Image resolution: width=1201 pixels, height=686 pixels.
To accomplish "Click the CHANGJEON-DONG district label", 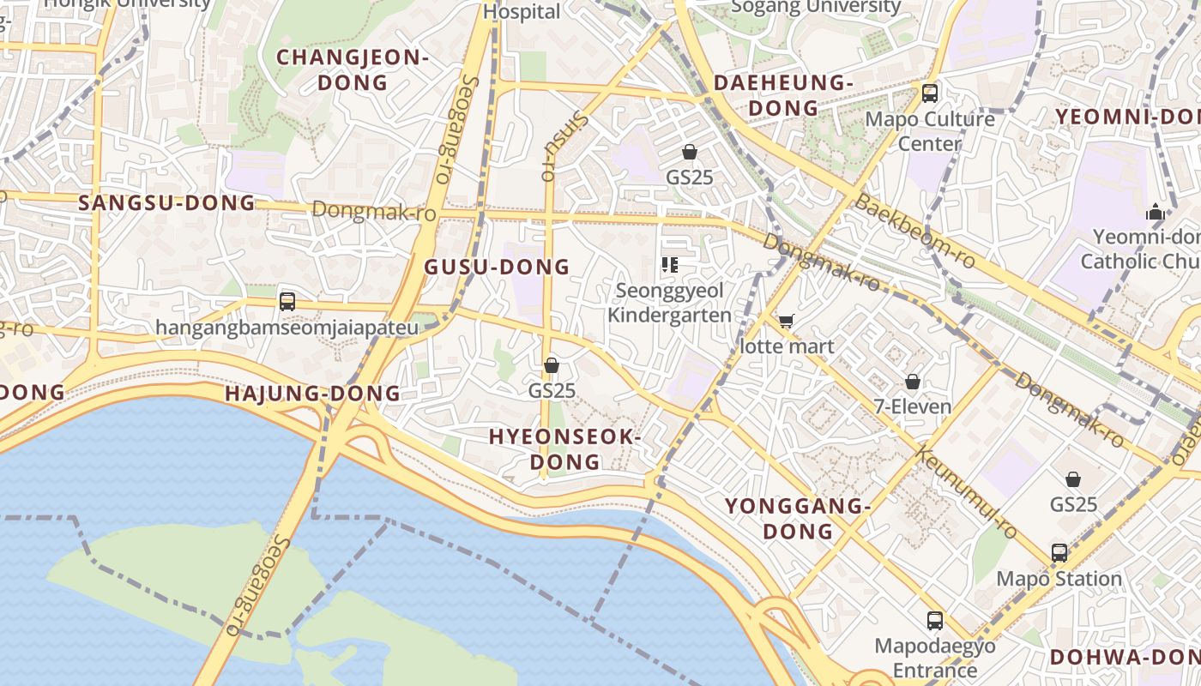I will click(x=352, y=70).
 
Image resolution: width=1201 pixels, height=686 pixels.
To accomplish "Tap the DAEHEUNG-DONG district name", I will click(x=783, y=95).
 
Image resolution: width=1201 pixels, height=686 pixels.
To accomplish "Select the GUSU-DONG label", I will click(x=498, y=267).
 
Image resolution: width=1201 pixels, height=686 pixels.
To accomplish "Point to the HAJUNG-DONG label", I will click(x=312, y=394).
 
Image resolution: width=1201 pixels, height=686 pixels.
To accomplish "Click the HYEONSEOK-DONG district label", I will click(x=565, y=449).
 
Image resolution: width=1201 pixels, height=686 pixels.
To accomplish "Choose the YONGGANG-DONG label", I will click(x=799, y=518).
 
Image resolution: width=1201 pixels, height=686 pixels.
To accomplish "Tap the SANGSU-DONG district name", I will click(x=167, y=203).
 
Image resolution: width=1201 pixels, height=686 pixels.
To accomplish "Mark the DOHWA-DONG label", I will click(x=1124, y=658).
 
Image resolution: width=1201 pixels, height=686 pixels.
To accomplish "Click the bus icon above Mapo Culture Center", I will click(x=930, y=93).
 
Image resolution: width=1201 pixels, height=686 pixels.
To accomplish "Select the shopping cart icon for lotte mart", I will click(x=786, y=322).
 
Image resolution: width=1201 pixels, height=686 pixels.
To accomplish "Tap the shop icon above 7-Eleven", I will click(x=913, y=381).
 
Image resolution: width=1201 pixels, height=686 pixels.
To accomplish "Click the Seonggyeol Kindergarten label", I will click(x=670, y=303).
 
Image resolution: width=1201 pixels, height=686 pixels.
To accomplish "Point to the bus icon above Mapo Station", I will click(x=1059, y=552).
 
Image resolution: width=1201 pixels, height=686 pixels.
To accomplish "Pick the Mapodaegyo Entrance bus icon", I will click(x=935, y=620).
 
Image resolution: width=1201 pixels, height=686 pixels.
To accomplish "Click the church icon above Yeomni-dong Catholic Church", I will click(x=1156, y=211).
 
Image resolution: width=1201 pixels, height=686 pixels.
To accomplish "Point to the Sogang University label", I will click(x=816, y=8).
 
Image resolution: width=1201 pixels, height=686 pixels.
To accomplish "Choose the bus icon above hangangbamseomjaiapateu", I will click(x=287, y=302).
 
